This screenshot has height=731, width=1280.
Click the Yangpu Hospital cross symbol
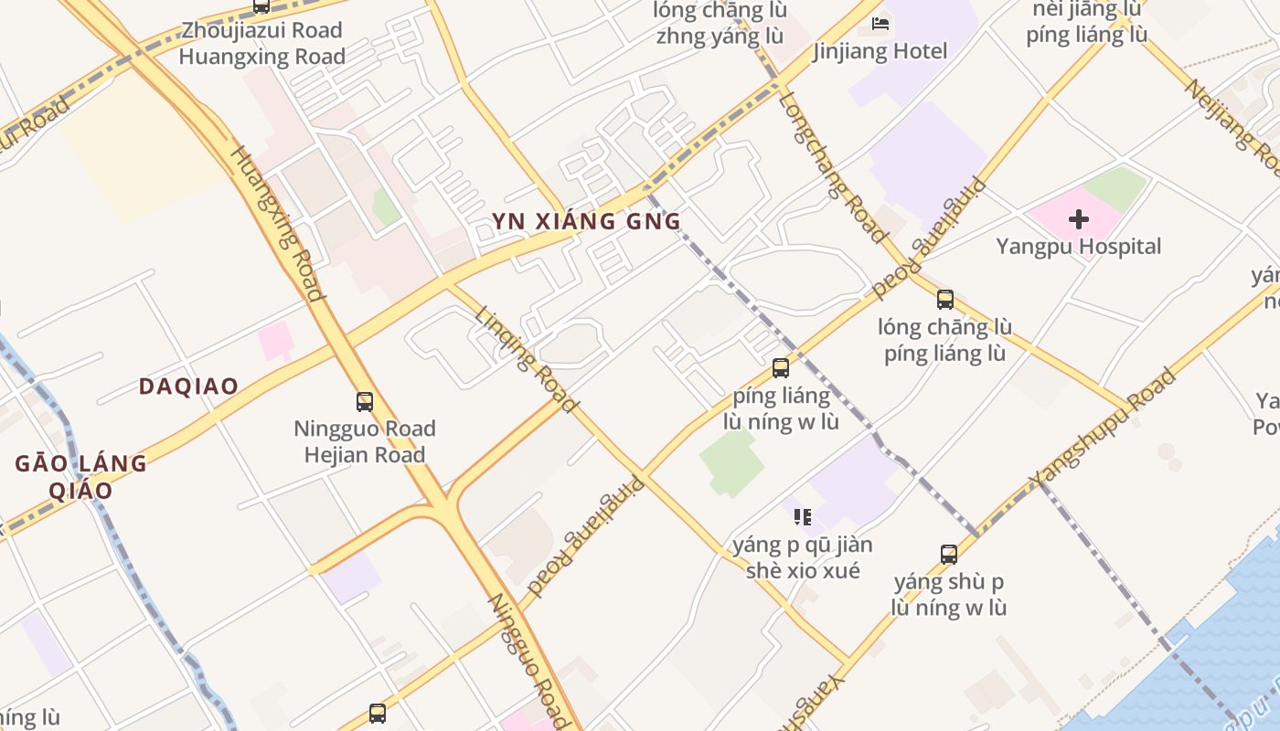click(x=1079, y=219)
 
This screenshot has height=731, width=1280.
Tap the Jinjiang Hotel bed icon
click(x=880, y=24)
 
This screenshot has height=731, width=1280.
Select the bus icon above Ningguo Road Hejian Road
click(x=365, y=401)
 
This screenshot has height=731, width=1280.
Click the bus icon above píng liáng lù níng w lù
click(x=781, y=368)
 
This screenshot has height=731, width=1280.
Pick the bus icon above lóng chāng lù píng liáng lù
click(x=945, y=299)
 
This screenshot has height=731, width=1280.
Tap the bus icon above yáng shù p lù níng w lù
click(x=949, y=554)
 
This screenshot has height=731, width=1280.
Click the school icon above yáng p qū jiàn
click(x=803, y=517)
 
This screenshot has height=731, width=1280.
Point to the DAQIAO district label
click(x=188, y=387)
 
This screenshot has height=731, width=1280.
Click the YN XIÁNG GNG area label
click(x=586, y=222)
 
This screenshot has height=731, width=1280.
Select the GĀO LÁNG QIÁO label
click(x=80, y=476)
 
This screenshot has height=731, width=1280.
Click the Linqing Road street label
click(x=527, y=358)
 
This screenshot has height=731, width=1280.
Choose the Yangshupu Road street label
click(x=1102, y=428)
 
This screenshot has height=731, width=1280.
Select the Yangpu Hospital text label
click(x=1079, y=247)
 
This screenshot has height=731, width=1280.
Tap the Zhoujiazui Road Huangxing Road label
click(x=261, y=43)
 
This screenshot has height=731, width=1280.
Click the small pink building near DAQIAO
click(x=275, y=341)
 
